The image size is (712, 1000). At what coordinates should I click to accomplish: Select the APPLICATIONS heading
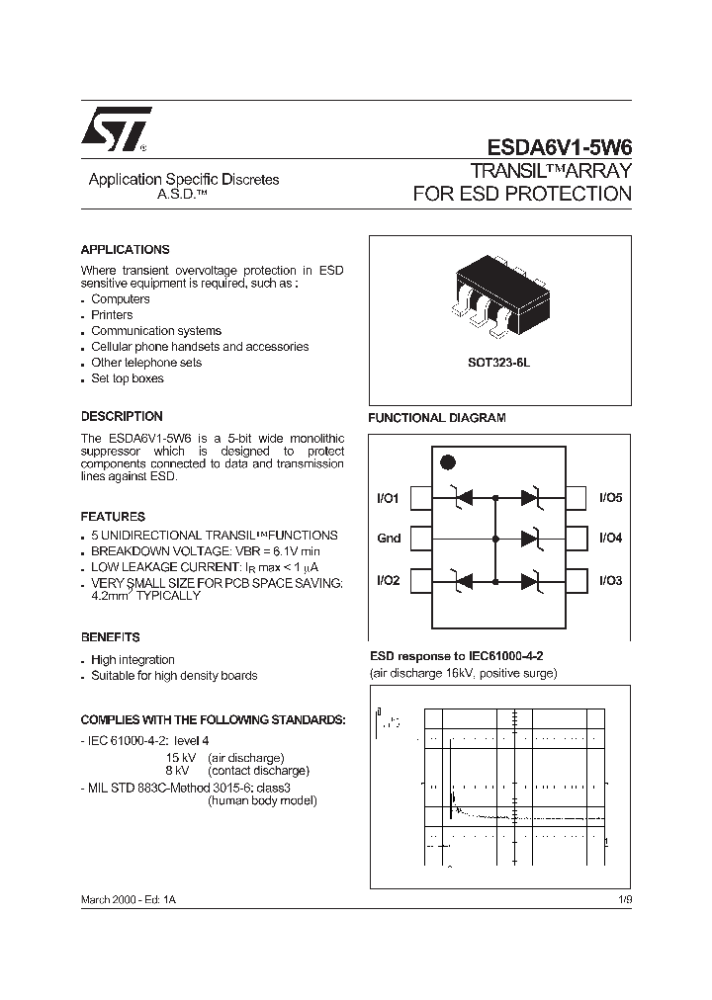[x=125, y=250]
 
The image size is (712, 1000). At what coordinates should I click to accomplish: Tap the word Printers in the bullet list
[x=112, y=315]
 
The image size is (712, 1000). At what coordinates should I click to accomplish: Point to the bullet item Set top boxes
[x=128, y=378]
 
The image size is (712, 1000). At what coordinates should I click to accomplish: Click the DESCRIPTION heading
[x=122, y=417]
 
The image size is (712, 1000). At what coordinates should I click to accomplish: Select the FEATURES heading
[x=113, y=517]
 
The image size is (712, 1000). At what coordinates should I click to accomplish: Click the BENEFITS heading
[x=110, y=637]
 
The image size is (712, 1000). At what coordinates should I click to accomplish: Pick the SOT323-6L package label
[x=499, y=363]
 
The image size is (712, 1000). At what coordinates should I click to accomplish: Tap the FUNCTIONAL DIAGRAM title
[x=437, y=418]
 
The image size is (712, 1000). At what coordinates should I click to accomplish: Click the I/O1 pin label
[x=388, y=499]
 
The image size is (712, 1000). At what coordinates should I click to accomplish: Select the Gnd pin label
[x=389, y=539]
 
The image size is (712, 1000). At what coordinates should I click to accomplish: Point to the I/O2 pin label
[x=388, y=581]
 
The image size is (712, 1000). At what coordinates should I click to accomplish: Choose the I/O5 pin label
[x=610, y=499]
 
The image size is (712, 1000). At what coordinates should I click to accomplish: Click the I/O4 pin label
[x=610, y=539]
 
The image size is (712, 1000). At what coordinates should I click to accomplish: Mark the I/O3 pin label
[x=610, y=581]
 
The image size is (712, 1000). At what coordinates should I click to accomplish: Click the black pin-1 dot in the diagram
[x=447, y=461]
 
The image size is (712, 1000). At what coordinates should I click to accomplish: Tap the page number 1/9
[x=622, y=901]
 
